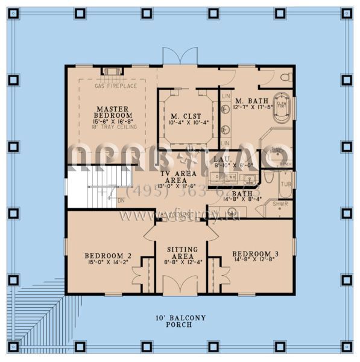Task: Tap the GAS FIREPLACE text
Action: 116,86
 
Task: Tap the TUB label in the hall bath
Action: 285,184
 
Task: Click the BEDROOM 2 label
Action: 108,254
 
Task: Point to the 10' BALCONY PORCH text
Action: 180,321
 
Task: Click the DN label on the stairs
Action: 121,200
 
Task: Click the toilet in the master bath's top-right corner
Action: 285,77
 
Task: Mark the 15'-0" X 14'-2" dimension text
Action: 108,262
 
